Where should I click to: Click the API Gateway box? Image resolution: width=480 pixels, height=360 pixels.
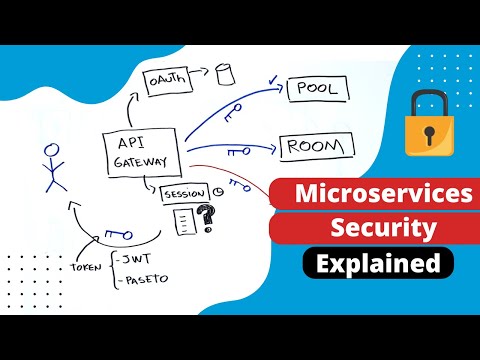click(142, 153)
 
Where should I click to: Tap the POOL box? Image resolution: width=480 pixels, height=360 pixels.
click(318, 89)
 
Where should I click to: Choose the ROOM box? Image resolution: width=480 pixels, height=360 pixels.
click(317, 146)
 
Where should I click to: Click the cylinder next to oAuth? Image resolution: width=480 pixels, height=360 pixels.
click(223, 73)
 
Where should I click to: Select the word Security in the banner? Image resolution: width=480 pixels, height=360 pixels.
click(371, 230)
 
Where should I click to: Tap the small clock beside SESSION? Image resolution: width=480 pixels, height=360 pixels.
click(216, 193)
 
